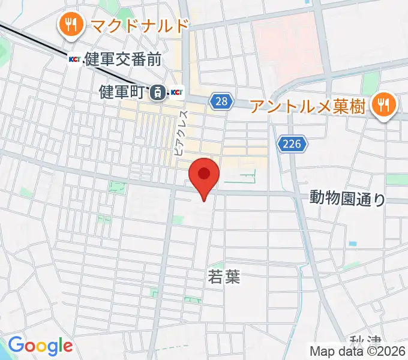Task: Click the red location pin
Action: (x=204, y=176)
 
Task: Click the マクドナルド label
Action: (x=138, y=26)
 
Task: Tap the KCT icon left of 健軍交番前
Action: (x=75, y=59)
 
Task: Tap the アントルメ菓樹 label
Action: (x=307, y=107)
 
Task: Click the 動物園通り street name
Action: (x=347, y=198)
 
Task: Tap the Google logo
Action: (x=40, y=346)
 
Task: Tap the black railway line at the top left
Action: (x=36, y=39)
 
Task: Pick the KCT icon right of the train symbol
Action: (x=177, y=92)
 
